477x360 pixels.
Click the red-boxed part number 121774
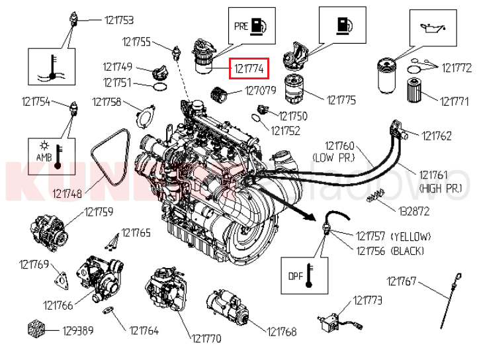tap(248, 68)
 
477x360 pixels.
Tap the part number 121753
tap(119, 20)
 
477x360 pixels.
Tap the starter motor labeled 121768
tap(227, 310)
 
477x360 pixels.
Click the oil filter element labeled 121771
tap(415, 89)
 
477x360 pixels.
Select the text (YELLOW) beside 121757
tap(411, 236)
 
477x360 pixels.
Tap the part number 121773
tap(367, 300)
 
